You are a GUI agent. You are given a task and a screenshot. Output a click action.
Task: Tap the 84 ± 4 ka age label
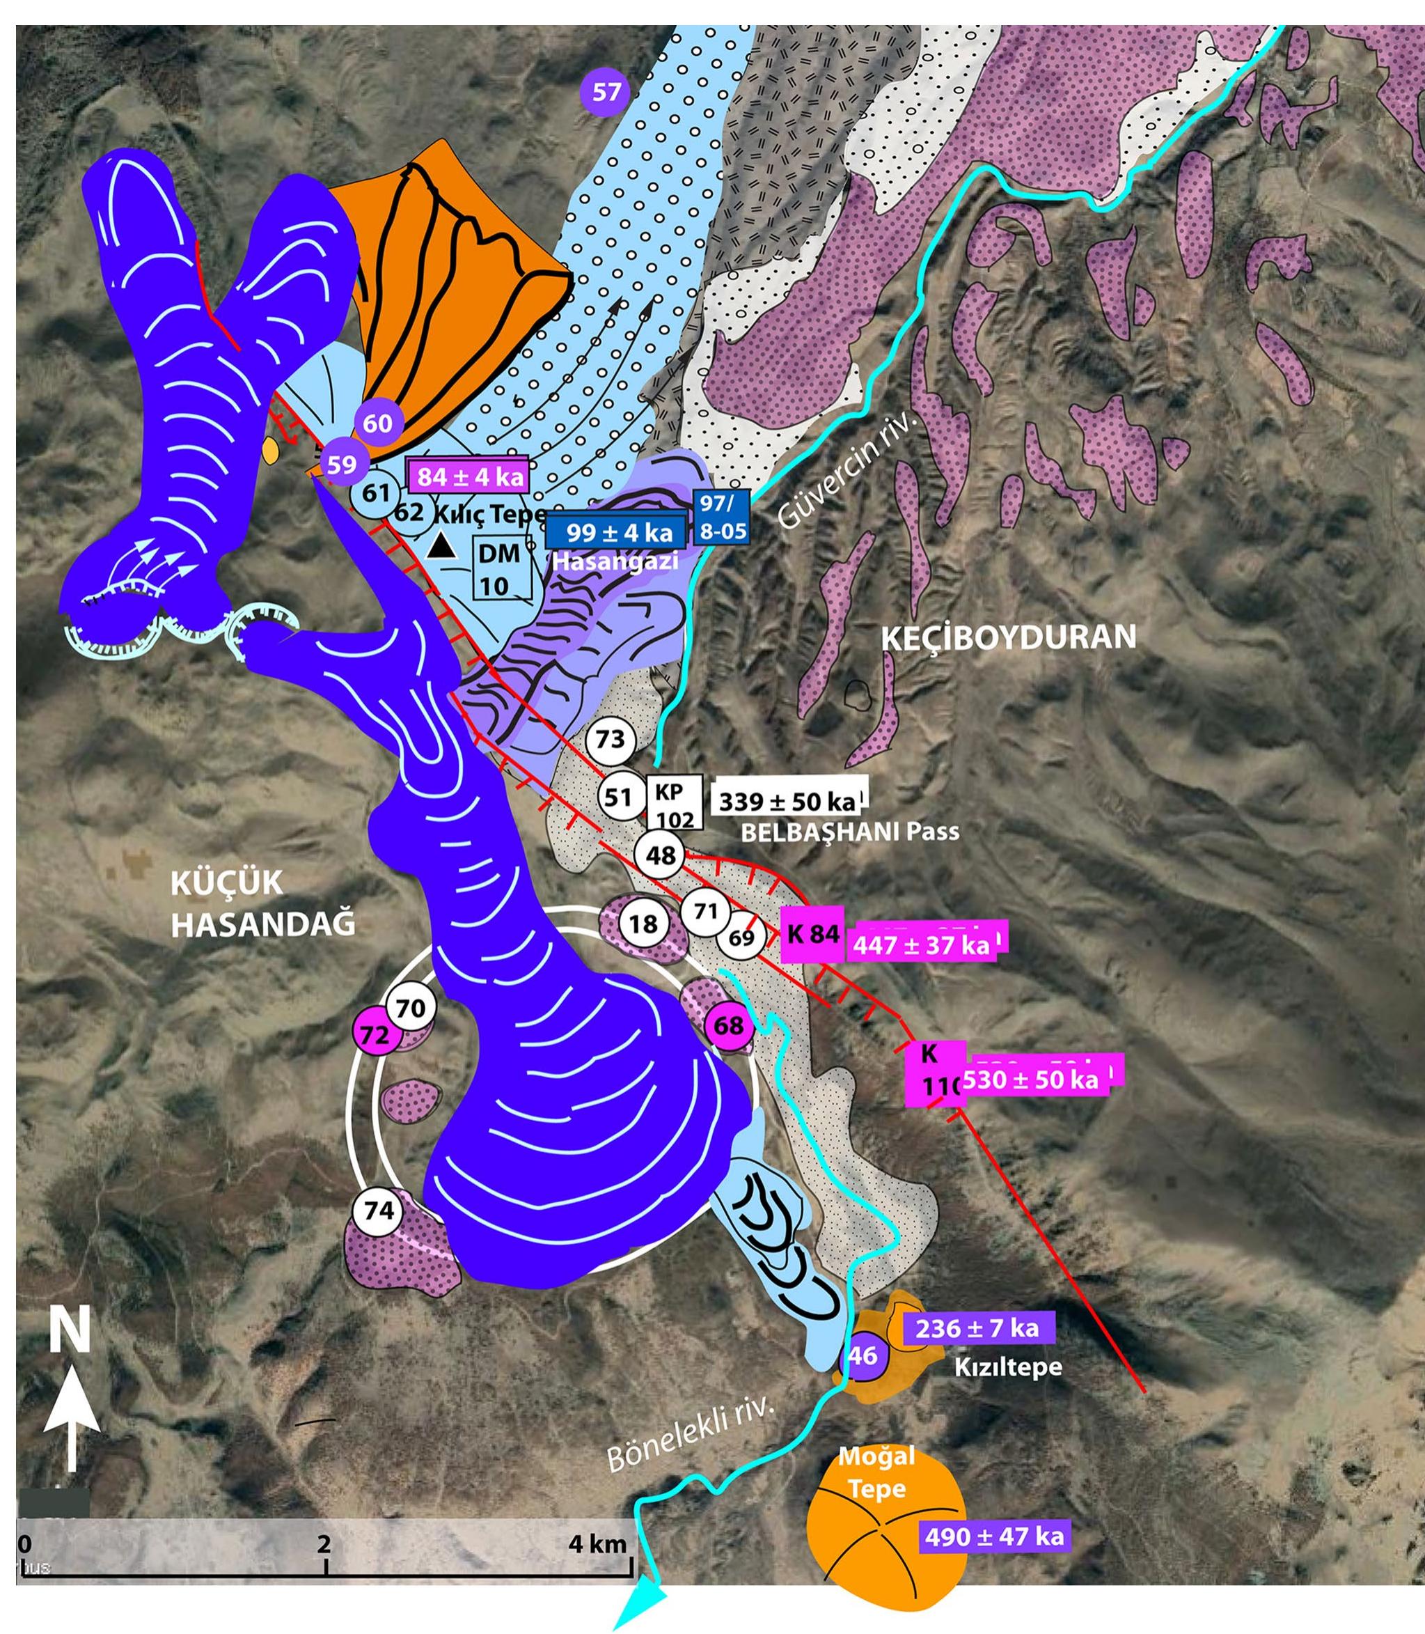(x=469, y=476)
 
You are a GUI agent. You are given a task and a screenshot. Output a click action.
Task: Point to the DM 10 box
(x=501, y=569)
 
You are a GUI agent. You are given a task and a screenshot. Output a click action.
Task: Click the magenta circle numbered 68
(x=728, y=1025)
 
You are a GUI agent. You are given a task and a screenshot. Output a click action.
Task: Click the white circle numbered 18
(x=644, y=923)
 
